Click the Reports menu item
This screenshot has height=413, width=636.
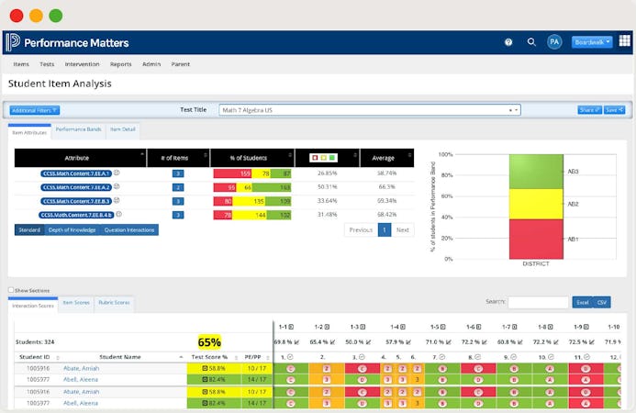[x=120, y=64]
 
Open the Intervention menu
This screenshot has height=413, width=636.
[x=83, y=64]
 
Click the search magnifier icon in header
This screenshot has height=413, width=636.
[x=531, y=42]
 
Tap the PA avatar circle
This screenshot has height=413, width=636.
[x=554, y=42]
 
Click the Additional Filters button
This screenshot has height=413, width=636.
[x=35, y=110]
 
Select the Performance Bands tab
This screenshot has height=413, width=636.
[x=79, y=129]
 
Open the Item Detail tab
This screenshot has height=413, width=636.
[x=123, y=129]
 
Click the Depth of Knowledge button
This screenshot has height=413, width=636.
[x=72, y=229]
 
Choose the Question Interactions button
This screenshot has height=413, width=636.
[x=128, y=229]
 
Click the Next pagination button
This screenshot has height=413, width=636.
[x=402, y=229]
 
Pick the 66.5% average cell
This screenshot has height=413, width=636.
[x=386, y=186]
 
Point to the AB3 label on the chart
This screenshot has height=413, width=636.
[x=574, y=172]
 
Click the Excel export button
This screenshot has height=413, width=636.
[x=583, y=301]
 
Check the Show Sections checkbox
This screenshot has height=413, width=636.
[x=11, y=290]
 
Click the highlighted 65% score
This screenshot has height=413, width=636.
[x=209, y=342]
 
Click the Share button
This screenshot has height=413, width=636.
[x=588, y=110]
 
